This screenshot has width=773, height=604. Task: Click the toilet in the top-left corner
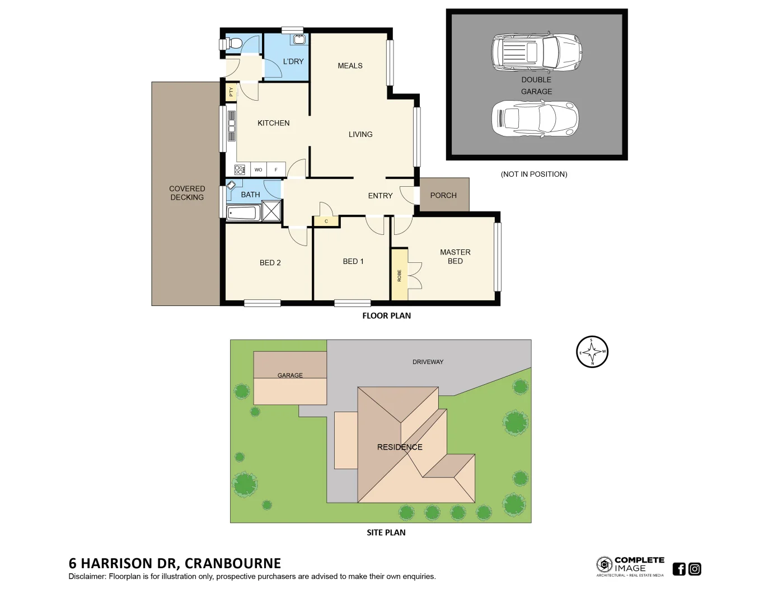tap(233, 44)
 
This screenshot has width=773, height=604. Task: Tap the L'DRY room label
tap(293, 62)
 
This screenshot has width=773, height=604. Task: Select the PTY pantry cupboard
tap(231, 92)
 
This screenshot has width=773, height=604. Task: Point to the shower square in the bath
tap(271, 211)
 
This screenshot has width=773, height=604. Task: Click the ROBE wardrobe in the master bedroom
tap(399, 275)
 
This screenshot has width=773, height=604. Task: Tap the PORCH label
tap(443, 195)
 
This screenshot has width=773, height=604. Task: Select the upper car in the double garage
tap(536, 52)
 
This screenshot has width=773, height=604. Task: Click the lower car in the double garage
tap(535, 119)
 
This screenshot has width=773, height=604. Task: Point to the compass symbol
tap(592, 352)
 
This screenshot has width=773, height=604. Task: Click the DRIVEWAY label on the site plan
tap(428, 362)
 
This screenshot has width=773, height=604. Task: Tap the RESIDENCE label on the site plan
tap(400, 447)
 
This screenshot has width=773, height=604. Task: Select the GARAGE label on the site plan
tap(290, 375)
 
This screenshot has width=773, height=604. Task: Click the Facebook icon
tap(679, 569)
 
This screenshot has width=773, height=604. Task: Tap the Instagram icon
tap(695, 569)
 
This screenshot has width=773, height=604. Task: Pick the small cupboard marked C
tap(326, 221)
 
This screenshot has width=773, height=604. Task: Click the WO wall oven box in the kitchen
tap(258, 169)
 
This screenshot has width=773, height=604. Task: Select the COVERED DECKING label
tap(187, 193)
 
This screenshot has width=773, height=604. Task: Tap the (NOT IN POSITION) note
tap(533, 174)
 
